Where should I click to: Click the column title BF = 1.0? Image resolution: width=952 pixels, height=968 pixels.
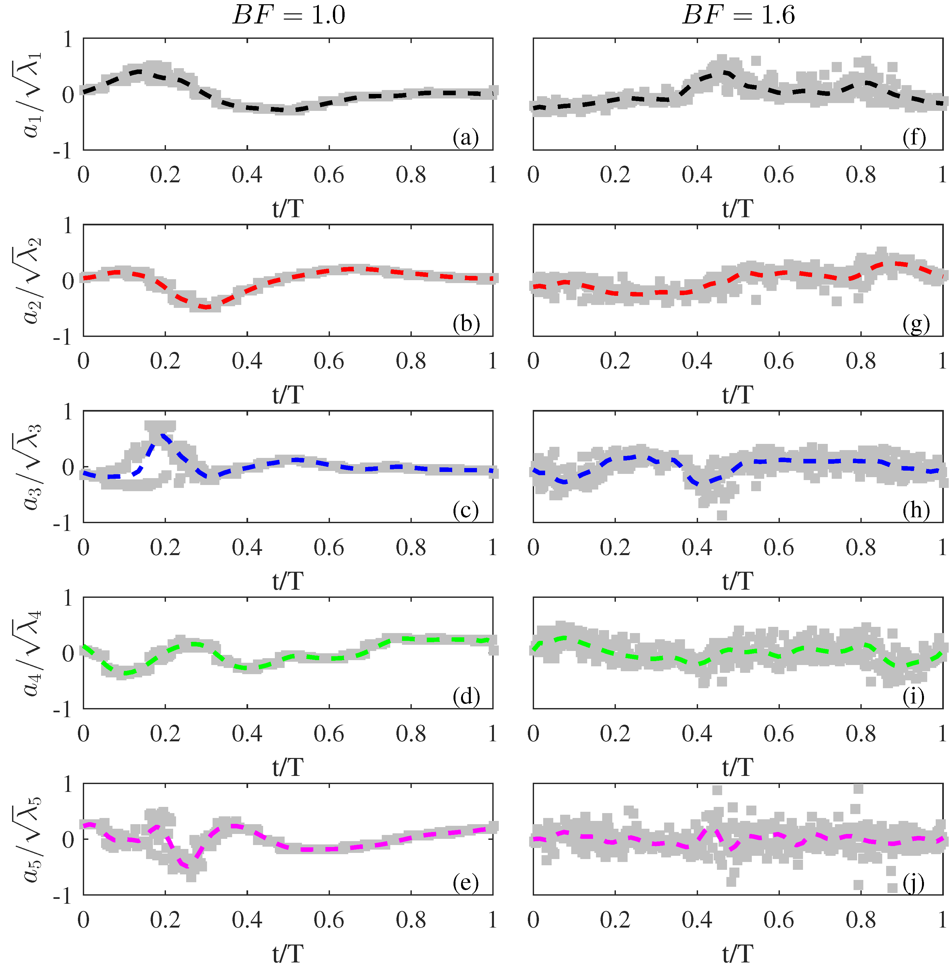(x=289, y=15)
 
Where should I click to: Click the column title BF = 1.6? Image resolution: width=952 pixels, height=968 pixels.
(x=738, y=15)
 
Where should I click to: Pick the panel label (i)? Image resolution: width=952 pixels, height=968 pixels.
(x=914, y=696)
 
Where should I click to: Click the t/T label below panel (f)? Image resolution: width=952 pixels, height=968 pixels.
(x=737, y=208)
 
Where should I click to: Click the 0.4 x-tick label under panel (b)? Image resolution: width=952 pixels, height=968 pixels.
(x=247, y=361)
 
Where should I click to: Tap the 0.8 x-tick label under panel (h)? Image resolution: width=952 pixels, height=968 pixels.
(x=860, y=547)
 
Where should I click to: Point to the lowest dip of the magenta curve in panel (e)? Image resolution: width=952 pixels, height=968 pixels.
(x=189, y=867)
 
